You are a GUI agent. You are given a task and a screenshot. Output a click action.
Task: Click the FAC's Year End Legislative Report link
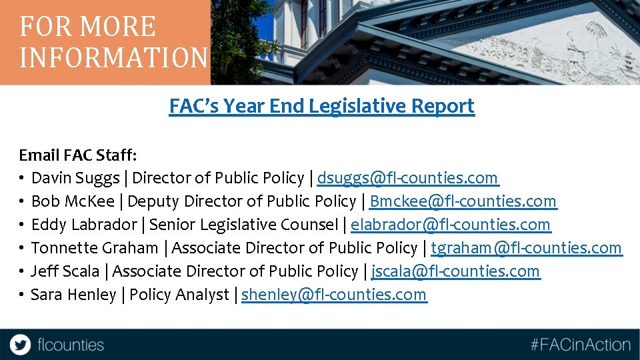point(321,106)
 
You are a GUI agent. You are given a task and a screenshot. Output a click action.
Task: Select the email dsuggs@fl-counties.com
point(407,178)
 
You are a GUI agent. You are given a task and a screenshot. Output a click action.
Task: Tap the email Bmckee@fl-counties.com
point(463,201)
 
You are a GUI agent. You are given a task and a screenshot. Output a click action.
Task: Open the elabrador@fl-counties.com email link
point(451,225)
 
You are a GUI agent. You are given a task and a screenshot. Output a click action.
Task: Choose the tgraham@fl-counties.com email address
point(526,248)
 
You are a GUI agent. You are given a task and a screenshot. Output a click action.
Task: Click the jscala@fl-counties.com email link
point(455,271)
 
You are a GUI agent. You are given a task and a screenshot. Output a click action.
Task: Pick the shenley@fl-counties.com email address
point(333,295)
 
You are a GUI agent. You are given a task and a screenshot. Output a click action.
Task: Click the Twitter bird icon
point(21,345)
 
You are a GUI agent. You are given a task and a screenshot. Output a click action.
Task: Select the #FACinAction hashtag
point(580,345)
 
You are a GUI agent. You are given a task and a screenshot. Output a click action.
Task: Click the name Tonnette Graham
point(95,248)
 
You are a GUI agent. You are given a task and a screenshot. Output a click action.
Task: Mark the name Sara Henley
point(73,295)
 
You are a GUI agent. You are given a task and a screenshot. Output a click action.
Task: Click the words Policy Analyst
point(179,295)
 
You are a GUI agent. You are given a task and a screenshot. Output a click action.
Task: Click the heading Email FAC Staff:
point(78,155)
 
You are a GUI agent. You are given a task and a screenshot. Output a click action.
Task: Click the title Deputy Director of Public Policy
point(242,201)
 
